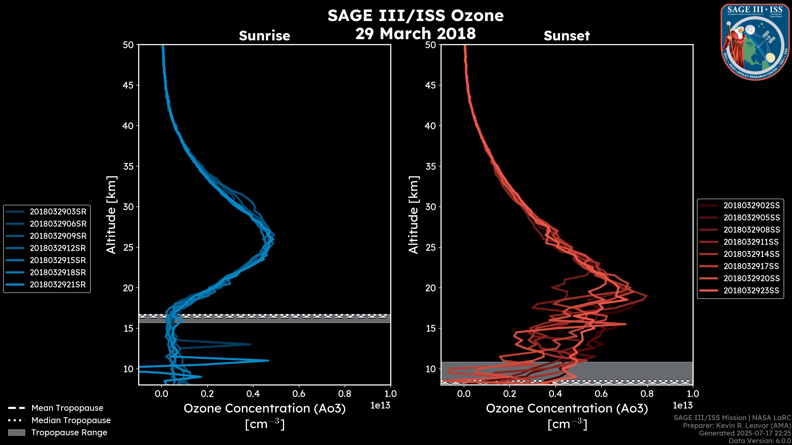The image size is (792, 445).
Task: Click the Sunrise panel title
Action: [264, 36]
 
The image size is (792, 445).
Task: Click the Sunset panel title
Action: [567, 36]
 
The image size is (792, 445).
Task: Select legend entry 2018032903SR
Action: [58, 212]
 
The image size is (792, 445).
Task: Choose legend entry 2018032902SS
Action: [751, 205]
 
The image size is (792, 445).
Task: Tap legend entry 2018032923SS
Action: [751, 290]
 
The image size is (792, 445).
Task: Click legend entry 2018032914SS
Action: [751, 254]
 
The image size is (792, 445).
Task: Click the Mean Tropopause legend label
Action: [67, 408]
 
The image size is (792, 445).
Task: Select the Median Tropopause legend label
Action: [71, 420]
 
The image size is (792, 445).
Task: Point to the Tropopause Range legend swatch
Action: [16, 432]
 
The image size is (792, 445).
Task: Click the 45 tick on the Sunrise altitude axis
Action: [128, 85]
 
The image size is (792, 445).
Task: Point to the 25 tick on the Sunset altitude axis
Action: [430, 247]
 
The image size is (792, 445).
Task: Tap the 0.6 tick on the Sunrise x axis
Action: [299, 394]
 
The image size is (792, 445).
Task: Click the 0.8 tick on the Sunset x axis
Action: [647, 394]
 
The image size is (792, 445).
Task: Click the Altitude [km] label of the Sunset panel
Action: [414, 215]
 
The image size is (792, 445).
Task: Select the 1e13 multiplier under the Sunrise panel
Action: [380, 405]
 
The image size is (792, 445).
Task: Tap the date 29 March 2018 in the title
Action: [415, 33]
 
